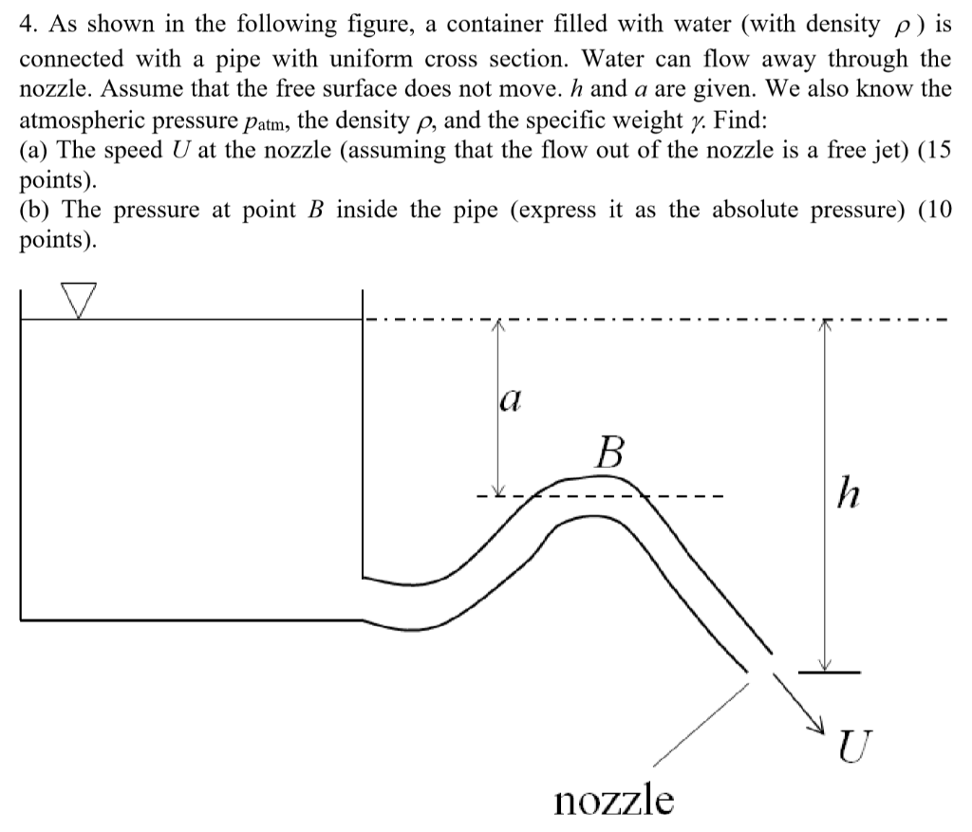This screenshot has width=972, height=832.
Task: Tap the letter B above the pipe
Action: click(x=609, y=453)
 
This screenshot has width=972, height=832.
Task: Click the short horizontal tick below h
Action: click(x=829, y=672)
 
